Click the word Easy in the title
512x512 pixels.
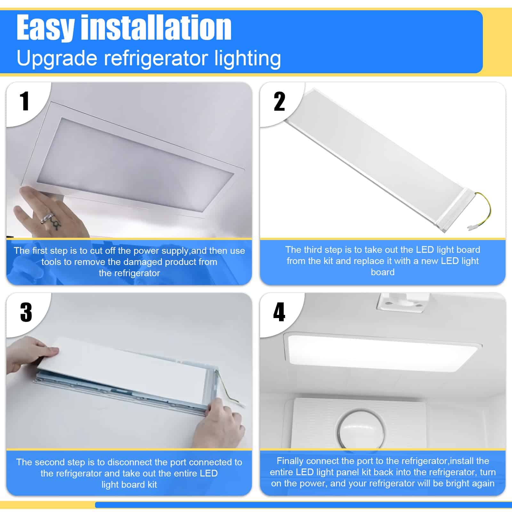[x=45, y=28]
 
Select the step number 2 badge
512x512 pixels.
[x=279, y=101]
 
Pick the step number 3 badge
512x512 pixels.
[x=26, y=312]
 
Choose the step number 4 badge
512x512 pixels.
[x=279, y=312]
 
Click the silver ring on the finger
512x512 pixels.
[x=46, y=218]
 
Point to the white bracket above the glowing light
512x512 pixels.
[x=402, y=303]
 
